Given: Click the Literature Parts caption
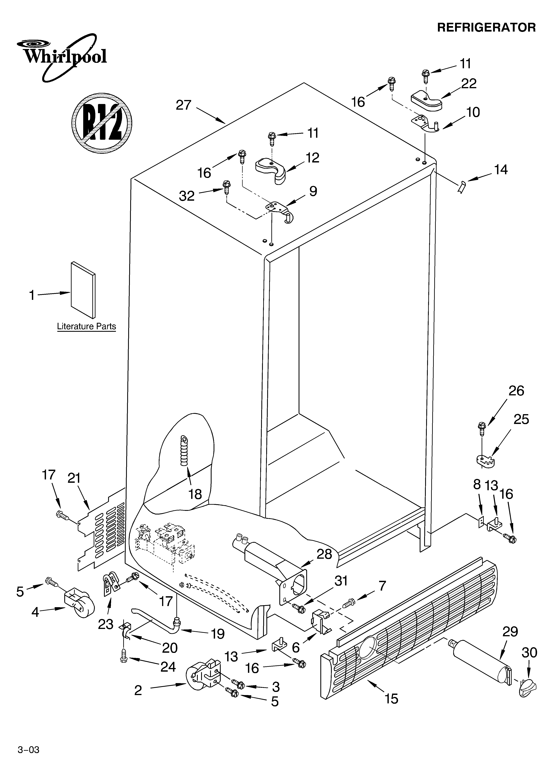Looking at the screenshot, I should (x=86, y=326).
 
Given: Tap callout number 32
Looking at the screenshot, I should (x=186, y=196).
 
